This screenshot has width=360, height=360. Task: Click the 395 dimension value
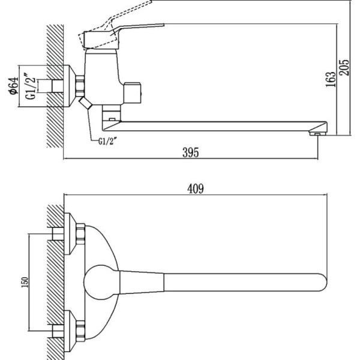point(191,152)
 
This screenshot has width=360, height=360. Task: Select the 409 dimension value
point(196,189)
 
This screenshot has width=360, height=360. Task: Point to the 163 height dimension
point(331,79)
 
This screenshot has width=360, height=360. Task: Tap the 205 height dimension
point(344,67)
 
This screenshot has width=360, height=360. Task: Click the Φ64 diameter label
point(14,86)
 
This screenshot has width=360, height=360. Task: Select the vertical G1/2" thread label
point(31,86)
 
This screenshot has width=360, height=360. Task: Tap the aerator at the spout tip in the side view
point(317,133)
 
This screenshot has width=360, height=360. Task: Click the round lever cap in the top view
point(101,283)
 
